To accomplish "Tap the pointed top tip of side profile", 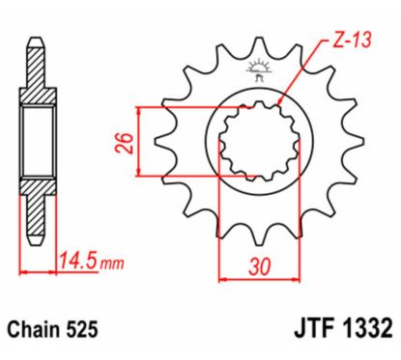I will [x=36, y=40].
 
